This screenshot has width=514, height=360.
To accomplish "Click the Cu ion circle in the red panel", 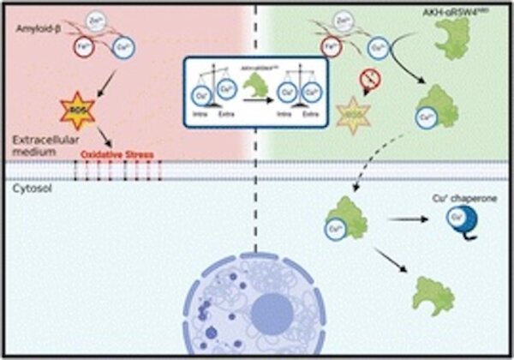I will coord(127,50).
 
